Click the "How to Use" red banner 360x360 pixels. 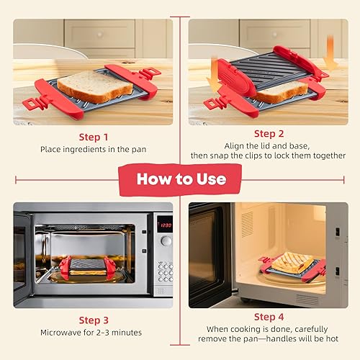180,178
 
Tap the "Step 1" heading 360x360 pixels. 94,136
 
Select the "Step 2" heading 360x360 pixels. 269,133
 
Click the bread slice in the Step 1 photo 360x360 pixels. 85,86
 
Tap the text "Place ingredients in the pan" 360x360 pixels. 94,150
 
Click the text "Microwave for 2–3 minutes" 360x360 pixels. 94,333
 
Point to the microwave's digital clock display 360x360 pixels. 165,225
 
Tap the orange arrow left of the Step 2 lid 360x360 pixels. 214,79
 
